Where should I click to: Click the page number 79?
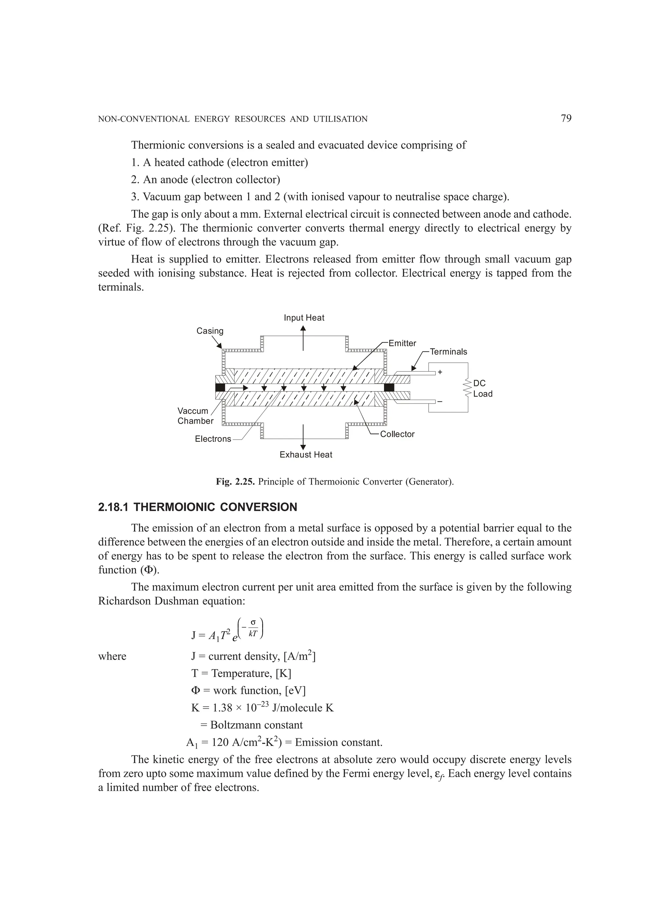(566, 119)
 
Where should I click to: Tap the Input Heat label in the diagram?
(304, 318)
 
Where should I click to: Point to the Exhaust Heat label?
(306, 455)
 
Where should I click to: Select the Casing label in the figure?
(210, 331)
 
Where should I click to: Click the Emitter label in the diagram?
(402, 343)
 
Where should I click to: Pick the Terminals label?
(448, 352)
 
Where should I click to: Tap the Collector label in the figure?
(397, 434)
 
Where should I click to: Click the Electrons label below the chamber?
(213, 439)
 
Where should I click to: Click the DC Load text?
(483, 389)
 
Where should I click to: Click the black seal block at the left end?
(220, 388)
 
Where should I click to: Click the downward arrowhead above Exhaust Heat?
(303, 447)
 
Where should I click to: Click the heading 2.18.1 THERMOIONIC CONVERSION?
(198, 507)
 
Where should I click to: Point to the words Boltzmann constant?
(257, 725)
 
